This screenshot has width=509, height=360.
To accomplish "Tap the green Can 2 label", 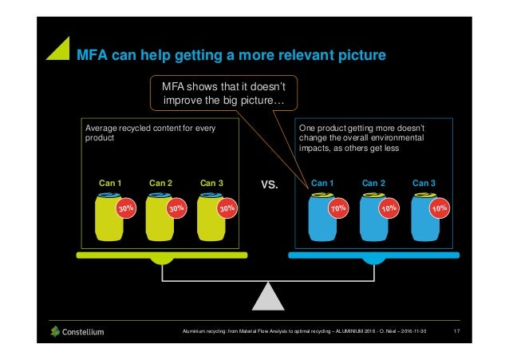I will [161, 183].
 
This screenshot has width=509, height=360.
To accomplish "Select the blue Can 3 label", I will [425, 183].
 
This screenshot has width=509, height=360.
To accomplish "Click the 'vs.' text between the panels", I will [270, 186].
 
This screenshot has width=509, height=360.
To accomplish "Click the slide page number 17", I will [456, 331].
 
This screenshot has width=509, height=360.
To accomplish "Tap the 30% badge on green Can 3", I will [228, 208].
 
